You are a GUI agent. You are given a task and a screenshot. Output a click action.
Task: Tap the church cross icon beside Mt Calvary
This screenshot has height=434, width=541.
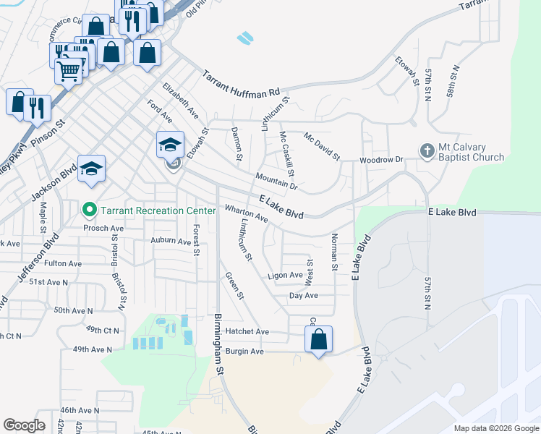tap(427, 151)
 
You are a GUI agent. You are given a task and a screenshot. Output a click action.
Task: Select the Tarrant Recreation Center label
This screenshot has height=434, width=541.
tap(158, 210)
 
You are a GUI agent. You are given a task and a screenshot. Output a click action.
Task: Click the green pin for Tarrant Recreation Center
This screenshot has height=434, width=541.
tap(90, 210)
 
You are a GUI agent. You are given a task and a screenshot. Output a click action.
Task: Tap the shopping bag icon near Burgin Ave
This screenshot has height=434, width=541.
tap(318, 339)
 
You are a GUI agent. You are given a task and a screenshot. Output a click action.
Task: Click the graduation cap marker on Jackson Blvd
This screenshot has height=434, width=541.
tap(92, 169)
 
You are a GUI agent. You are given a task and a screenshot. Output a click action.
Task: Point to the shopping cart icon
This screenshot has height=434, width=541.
tap(69, 71)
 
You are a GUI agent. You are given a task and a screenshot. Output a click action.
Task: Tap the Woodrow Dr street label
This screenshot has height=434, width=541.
tap(381, 159)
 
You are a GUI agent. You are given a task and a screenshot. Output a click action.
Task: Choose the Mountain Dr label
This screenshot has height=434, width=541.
tap(276, 181)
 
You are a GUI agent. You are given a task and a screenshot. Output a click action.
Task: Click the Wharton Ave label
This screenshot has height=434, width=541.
tap(246, 213)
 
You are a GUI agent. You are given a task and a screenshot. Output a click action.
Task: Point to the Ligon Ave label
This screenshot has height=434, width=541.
tap(285, 276)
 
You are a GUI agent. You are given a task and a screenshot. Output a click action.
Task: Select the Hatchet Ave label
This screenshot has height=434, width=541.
tap(247, 331)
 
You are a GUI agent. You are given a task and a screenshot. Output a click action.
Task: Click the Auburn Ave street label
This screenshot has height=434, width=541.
tap(171, 241)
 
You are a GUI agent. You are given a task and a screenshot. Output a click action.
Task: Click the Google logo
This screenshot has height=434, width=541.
tap(24, 425)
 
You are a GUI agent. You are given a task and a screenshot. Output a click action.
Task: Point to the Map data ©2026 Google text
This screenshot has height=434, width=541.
tap(495, 428)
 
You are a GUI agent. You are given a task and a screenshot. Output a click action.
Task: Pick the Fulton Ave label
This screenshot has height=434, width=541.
tap(65, 264)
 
